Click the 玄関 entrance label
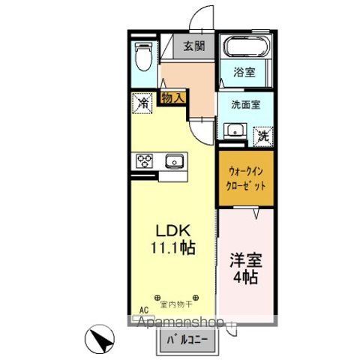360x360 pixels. point(196,46)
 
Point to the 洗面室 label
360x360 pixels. point(245,104)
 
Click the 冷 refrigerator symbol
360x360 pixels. point(142,102)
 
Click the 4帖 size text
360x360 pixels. point(245,280)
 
